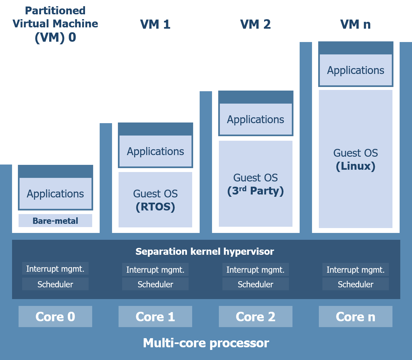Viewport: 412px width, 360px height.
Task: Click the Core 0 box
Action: point(55,316)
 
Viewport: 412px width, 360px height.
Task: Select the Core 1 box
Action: point(155,316)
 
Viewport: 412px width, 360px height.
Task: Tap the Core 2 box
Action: point(255,316)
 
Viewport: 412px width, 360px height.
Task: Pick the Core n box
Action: point(355,316)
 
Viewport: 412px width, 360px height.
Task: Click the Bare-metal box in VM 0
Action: point(55,221)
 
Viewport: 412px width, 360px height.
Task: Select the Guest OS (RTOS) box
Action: point(155,200)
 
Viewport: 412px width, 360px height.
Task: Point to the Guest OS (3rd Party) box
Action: point(255,184)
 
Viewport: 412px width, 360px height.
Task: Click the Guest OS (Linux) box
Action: point(355,159)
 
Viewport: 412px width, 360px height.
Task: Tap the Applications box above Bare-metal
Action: point(55,194)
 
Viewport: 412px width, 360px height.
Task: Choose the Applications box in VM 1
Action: point(155,151)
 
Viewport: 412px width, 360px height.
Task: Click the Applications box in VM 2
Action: point(255,119)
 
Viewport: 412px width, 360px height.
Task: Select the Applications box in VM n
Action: point(355,70)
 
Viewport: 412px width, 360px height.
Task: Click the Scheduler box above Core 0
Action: point(55,284)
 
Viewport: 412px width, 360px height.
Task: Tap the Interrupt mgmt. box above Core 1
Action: point(155,270)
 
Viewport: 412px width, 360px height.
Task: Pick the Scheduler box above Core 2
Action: point(255,284)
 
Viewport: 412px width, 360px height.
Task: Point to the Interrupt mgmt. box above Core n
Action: point(355,270)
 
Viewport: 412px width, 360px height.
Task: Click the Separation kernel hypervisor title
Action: point(205,252)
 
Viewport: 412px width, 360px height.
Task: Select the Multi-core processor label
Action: point(206,343)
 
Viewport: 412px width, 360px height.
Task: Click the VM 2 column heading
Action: point(255,24)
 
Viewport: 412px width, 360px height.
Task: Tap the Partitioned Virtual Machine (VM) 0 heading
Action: point(55,24)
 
